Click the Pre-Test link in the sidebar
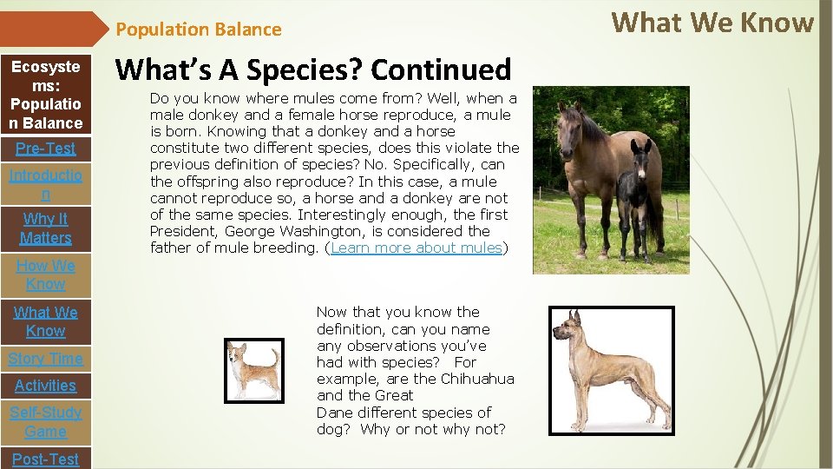click(45, 149)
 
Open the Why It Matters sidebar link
click(45, 228)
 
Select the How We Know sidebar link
click(45, 274)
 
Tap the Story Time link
click(45, 359)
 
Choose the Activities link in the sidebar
click(45, 386)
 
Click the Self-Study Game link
click(45, 422)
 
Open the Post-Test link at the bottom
click(45, 459)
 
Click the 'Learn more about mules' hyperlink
click(416, 248)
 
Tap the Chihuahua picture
click(253, 371)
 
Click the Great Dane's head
click(570, 326)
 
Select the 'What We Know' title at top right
click(712, 23)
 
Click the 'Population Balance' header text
click(199, 30)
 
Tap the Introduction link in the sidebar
click(45, 184)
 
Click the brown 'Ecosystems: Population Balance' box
click(45, 95)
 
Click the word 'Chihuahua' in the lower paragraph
click(477, 380)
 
